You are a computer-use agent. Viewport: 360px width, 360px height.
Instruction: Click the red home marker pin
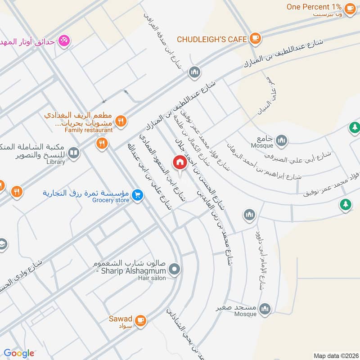tap(180, 162)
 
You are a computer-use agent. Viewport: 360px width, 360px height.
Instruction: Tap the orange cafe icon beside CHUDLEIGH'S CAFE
tap(255, 38)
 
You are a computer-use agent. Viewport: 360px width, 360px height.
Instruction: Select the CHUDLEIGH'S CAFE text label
tap(211, 39)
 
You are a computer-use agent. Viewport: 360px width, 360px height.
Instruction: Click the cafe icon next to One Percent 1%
tap(349, 8)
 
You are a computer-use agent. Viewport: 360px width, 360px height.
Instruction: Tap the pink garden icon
tap(65, 40)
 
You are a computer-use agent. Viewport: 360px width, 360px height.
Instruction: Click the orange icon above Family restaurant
tap(120, 120)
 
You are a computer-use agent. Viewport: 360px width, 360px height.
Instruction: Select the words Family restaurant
tap(89, 130)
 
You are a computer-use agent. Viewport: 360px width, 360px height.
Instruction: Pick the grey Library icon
tap(74, 153)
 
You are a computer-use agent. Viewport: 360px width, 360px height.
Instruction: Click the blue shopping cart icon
tap(138, 194)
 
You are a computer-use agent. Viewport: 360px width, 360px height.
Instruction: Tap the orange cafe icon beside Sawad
tap(141, 319)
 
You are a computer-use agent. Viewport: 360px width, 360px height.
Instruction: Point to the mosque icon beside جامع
tap(282, 140)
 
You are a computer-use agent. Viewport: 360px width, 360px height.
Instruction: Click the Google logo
tap(19, 353)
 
